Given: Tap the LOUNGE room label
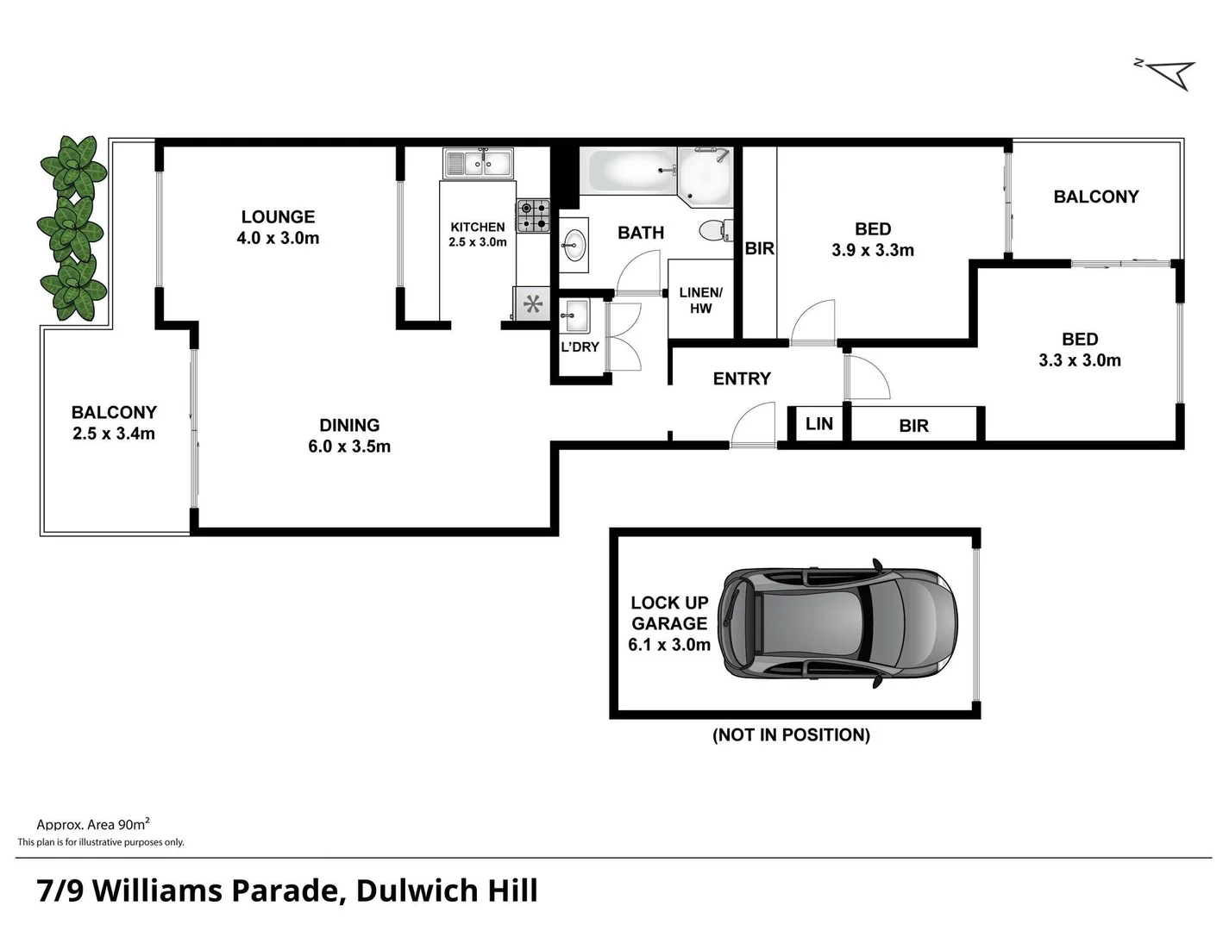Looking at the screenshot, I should [x=278, y=217].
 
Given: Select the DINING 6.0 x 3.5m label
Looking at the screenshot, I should [x=349, y=436].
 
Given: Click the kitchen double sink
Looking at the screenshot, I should [x=478, y=162].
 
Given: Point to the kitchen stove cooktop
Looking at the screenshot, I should [x=533, y=216].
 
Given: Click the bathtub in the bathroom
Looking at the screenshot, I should [x=627, y=171].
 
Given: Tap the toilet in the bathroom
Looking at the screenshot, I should [x=714, y=230].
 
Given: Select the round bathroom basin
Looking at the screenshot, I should [x=574, y=244].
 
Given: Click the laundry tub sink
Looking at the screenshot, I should [x=576, y=316].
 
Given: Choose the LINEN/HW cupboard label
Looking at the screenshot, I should [x=700, y=300].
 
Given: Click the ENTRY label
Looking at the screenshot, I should [x=742, y=378].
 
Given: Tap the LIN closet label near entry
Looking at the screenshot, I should [x=818, y=424].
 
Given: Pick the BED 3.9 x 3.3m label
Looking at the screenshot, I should [x=873, y=240].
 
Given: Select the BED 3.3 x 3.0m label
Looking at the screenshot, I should [x=1080, y=350].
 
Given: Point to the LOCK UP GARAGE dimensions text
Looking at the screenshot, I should [x=669, y=644].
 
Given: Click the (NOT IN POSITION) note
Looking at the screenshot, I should [x=791, y=735].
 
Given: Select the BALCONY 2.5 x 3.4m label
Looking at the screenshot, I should [x=114, y=423].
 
